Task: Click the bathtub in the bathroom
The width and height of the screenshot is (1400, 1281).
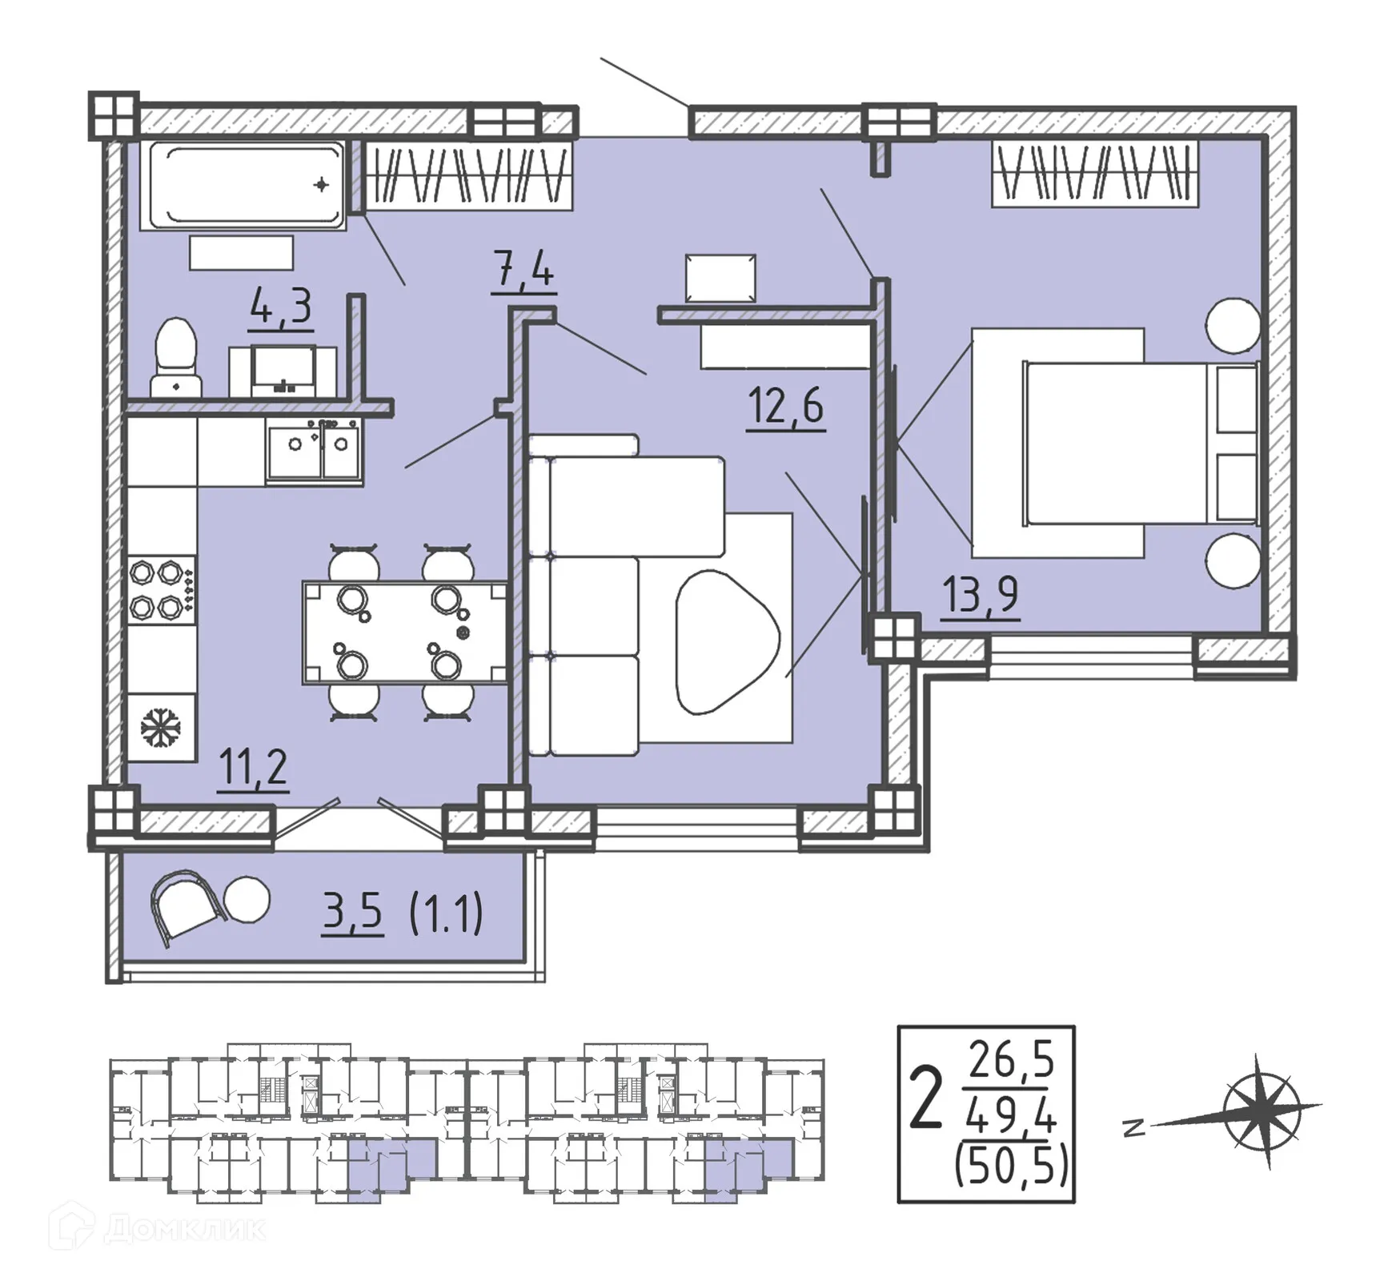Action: (x=243, y=187)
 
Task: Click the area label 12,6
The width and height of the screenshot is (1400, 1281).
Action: (x=785, y=406)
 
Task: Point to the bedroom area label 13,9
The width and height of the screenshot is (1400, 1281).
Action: (x=980, y=594)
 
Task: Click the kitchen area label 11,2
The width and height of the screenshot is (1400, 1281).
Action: (x=253, y=768)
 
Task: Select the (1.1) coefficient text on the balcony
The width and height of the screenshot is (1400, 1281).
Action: (x=446, y=914)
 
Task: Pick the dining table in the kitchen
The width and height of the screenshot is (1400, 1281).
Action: (x=404, y=632)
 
